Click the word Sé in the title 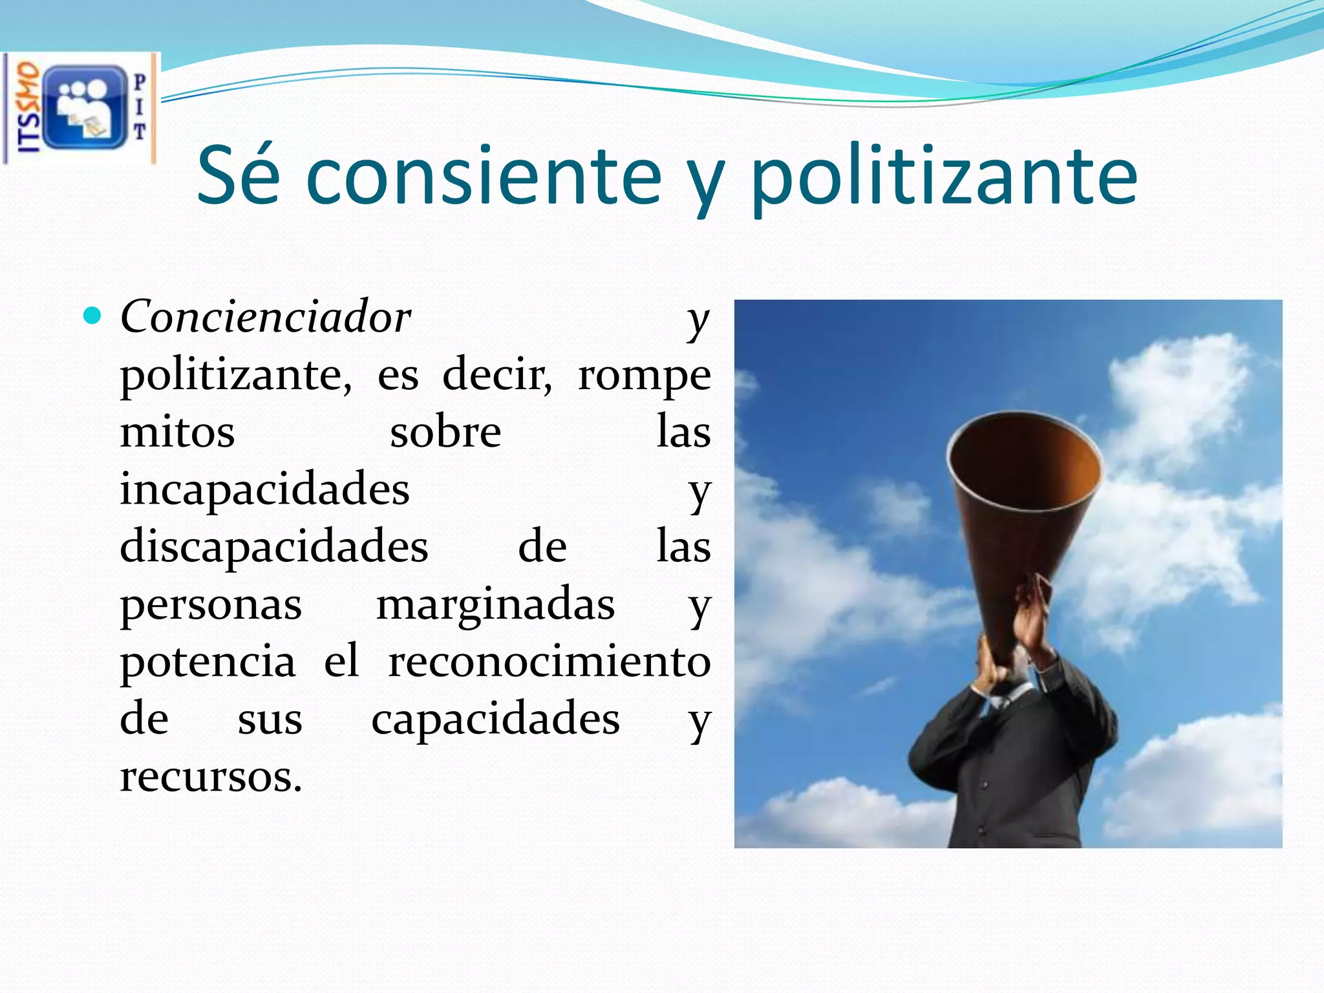(x=238, y=176)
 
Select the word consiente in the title (x=484, y=176)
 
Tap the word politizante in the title (x=943, y=176)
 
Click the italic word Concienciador (x=265, y=317)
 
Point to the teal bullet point (x=93, y=316)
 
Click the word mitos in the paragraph (x=177, y=432)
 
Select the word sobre (x=445, y=432)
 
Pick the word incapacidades (x=264, y=489)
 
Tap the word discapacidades (x=273, y=547)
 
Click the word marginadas (x=495, y=604)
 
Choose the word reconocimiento (x=549, y=661)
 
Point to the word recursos (x=211, y=776)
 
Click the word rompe (x=644, y=375)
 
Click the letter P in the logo (x=140, y=82)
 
